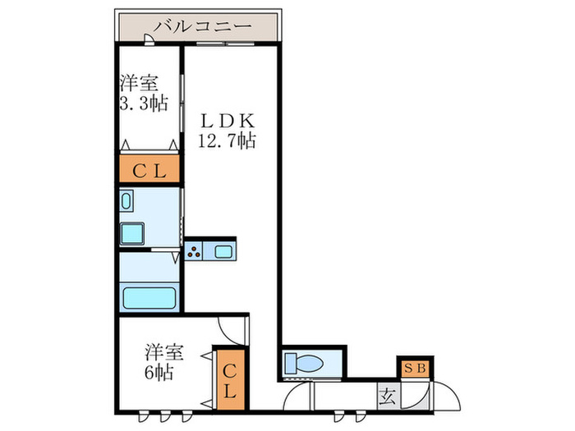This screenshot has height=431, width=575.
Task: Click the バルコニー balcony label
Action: (200, 26)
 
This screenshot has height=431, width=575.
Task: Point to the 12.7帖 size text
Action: (227, 140)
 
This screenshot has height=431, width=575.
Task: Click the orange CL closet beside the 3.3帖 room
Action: (150, 171)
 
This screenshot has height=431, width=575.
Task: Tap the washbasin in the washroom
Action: (126, 201)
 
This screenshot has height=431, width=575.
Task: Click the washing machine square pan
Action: (132, 233)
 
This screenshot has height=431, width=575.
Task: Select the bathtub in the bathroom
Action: (149, 296)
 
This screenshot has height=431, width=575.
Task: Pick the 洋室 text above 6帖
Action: (164, 353)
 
